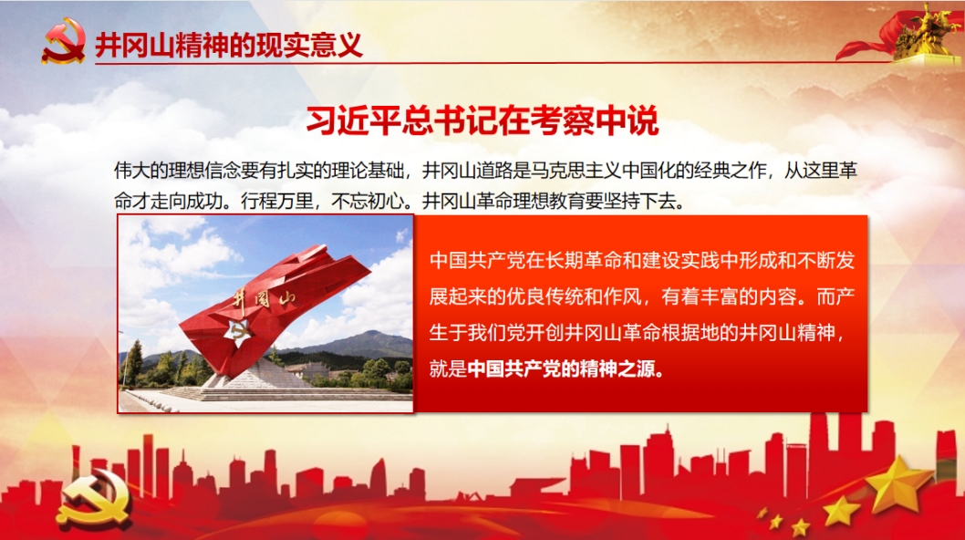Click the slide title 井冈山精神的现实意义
tap(228, 45)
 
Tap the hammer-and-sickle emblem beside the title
tap(63, 41)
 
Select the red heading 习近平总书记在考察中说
tap(482, 120)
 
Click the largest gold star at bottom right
tap(899, 484)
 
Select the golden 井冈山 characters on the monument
tap(264, 300)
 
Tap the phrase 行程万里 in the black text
tap(277, 201)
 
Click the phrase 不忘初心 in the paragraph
tap(367, 201)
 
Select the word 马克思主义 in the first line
tap(576, 171)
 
